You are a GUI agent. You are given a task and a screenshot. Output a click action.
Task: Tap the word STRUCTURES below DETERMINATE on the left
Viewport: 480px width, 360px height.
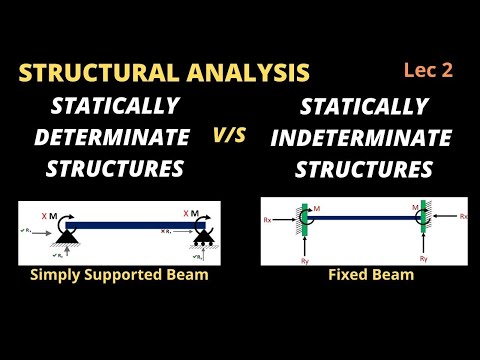(117, 168)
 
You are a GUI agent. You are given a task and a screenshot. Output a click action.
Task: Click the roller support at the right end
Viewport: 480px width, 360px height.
(203, 241)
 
